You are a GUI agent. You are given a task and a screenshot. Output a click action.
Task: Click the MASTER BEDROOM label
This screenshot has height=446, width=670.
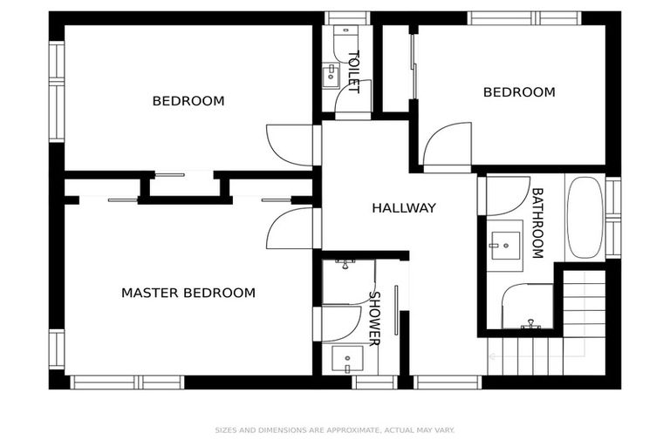(x=188, y=293)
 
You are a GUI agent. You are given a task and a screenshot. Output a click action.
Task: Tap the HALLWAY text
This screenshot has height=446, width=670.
(x=403, y=208)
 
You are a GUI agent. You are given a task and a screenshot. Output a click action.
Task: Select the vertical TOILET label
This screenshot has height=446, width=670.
(x=353, y=72)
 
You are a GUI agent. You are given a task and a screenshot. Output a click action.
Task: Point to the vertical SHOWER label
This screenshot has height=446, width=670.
(x=373, y=318)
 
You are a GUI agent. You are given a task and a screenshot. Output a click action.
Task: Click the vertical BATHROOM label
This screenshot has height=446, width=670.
(x=537, y=223)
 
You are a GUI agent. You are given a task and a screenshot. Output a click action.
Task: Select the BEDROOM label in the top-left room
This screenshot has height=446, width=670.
(x=188, y=101)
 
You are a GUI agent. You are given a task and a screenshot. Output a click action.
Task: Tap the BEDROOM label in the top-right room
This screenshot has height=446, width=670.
(x=518, y=92)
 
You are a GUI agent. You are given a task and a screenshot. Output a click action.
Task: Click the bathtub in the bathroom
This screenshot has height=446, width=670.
(x=585, y=217)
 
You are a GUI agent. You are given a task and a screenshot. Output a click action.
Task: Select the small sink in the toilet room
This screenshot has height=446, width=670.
(x=331, y=76)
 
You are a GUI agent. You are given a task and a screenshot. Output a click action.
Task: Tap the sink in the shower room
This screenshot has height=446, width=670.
(x=348, y=358)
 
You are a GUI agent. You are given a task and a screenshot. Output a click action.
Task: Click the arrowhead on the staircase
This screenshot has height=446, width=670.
(x=492, y=355)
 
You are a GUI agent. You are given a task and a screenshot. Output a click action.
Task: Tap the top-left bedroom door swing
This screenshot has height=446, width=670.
(x=290, y=145)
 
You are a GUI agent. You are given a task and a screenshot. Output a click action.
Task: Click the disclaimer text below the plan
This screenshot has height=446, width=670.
(x=335, y=429)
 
